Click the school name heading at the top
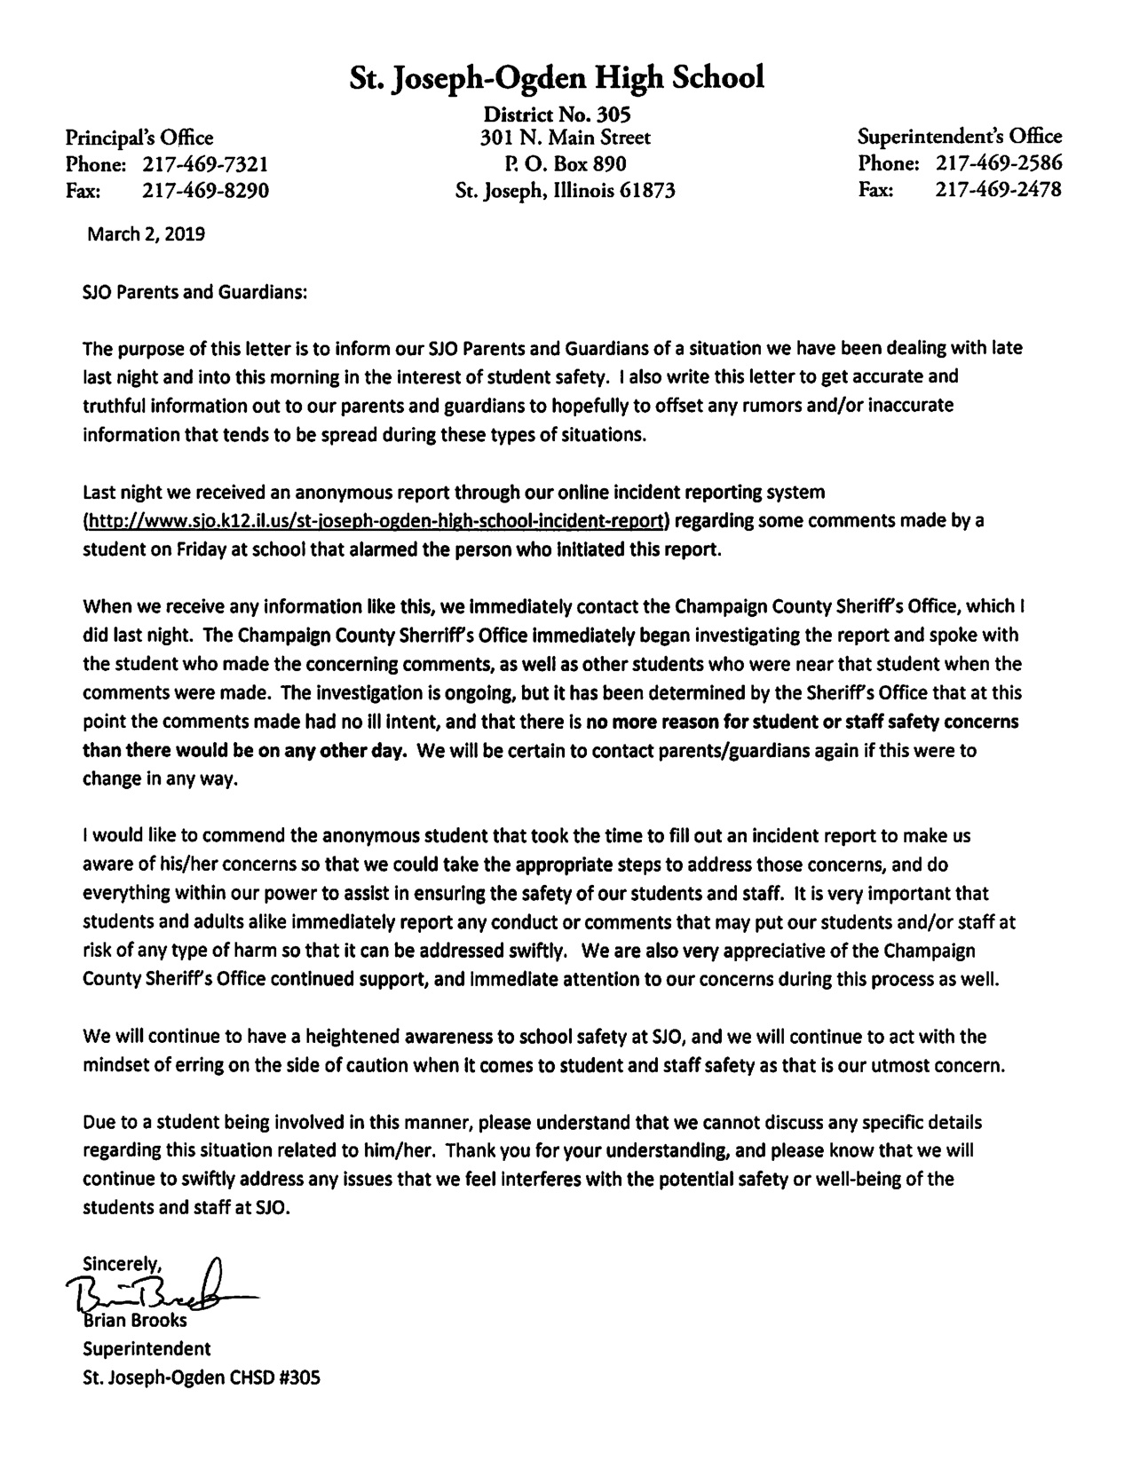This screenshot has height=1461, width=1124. (x=557, y=78)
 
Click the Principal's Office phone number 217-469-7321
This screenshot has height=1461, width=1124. (x=205, y=164)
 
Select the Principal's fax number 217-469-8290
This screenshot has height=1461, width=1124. (x=205, y=190)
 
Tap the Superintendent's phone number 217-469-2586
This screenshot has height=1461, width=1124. (x=998, y=163)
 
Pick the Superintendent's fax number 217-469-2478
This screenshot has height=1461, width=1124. (x=998, y=189)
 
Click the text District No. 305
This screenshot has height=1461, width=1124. (x=557, y=114)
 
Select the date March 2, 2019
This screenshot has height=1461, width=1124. (x=146, y=234)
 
